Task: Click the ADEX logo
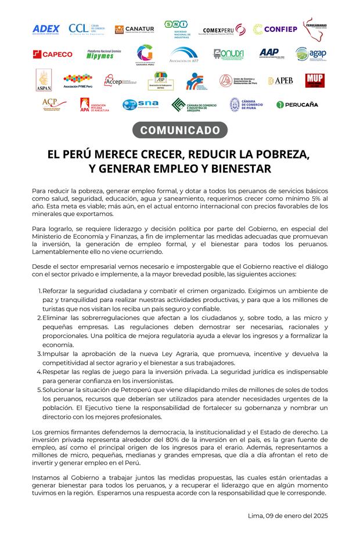(46, 29)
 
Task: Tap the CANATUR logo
(134, 29)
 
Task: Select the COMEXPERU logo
(224, 30)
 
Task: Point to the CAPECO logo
(53, 55)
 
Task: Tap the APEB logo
(280, 81)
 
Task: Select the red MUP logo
(315, 80)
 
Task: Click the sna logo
(141, 105)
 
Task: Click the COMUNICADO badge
(180, 130)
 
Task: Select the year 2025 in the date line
(318, 516)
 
